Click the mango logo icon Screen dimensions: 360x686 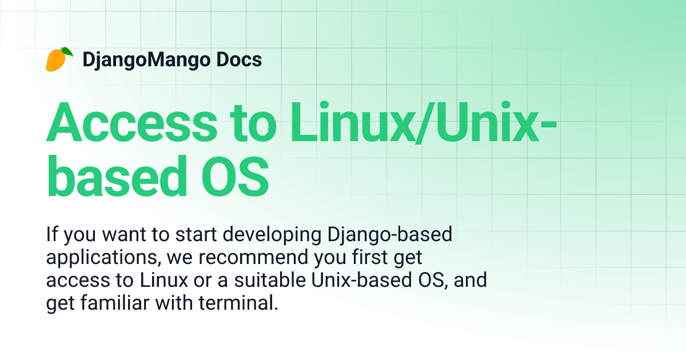[58, 59]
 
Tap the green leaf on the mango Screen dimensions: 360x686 [67, 51]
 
